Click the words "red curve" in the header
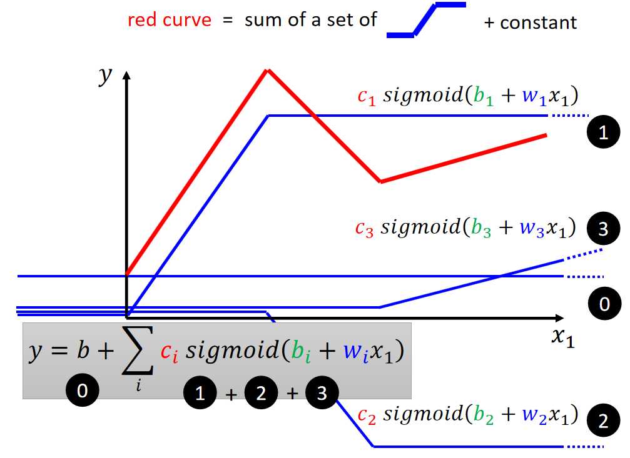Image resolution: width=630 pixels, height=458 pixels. click(x=169, y=19)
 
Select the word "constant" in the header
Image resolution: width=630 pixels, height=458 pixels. click(x=539, y=22)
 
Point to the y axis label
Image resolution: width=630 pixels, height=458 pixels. click(x=105, y=76)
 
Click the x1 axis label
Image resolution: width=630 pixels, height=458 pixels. click(x=563, y=337)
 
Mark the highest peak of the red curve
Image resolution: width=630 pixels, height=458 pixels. click(x=267, y=71)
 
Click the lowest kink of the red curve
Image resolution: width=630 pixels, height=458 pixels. click(x=380, y=181)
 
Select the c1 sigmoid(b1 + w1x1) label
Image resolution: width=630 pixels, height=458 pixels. click(x=468, y=96)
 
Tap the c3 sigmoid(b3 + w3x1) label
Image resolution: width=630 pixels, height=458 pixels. click(x=465, y=228)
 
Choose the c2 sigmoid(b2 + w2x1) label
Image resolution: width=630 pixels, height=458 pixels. click(x=468, y=415)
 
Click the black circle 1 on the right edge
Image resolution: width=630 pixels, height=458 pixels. click(x=603, y=132)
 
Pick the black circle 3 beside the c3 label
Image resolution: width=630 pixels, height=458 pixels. click(x=603, y=229)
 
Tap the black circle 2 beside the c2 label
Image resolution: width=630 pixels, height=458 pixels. click(x=603, y=421)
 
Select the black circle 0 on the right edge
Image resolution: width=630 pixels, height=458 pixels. click(x=605, y=304)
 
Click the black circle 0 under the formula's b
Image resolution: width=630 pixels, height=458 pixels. click(x=83, y=390)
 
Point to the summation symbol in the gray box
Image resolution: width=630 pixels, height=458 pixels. click(x=138, y=350)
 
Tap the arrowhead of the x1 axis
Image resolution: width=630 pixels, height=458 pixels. click(x=559, y=318)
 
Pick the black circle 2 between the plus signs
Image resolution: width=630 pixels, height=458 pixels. click(x=261, y=392)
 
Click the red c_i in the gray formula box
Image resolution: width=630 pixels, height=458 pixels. click(x=169, y=352)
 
